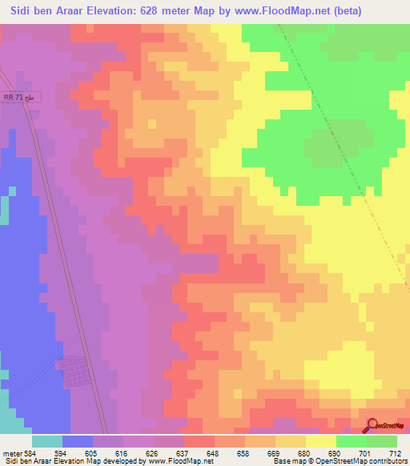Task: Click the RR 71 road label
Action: tap(20, 97)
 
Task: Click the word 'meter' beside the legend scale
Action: tap(11, 452)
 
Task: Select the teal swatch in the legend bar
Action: tap(47, 441)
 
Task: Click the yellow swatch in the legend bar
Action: tap(321, 441)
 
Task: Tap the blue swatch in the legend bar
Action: tap(78, 441)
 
